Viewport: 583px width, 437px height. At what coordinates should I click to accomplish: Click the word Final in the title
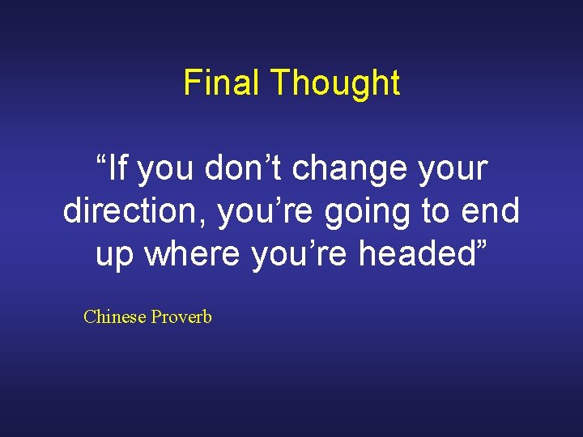tap(223, 83)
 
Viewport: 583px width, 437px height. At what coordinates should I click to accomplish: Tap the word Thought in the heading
tap(334, 83)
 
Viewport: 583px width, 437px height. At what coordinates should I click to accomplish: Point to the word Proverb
tap(180, 316)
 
